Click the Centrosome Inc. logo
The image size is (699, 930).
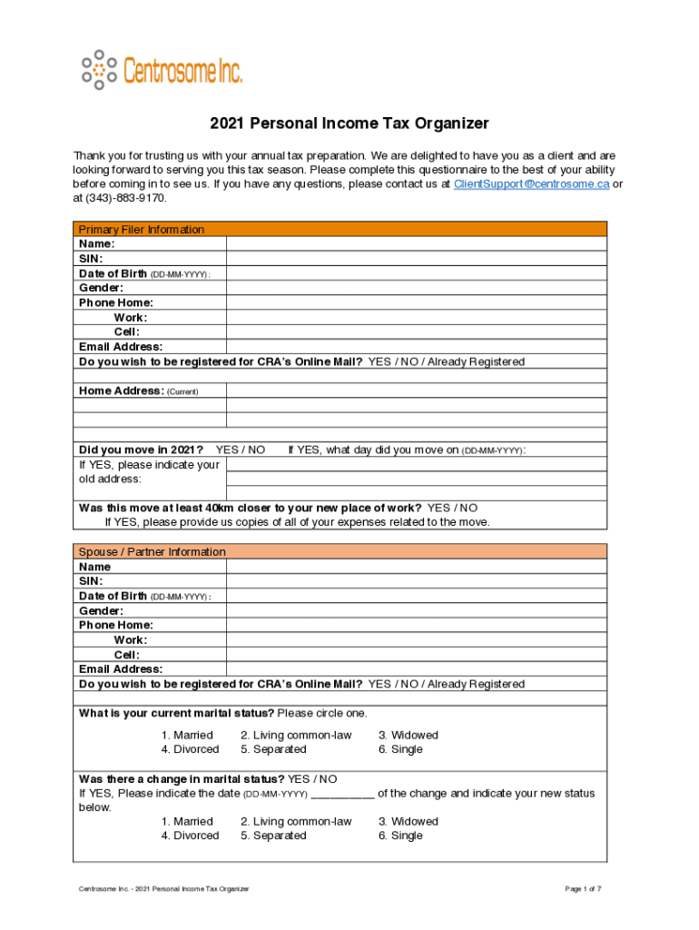pyautogui.click(x=162, y=69)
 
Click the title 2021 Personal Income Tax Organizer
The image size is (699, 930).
pyautogui.click(x=349, y=124)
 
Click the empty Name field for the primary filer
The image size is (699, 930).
pyautogui.click(x=416, y=243)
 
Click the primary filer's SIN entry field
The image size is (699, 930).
pyautogui.click(x=416, y=258)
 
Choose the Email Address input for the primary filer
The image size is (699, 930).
pyautogui.click(x=416, y=347)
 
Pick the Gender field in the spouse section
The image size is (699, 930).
pyautogui.click(x=416, y=610)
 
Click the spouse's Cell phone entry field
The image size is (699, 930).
pyautogui.click(x=416, y=655)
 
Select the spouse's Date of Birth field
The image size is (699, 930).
pyautogui.click(x=416, y=596)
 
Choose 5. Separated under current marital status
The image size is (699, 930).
pyautogui.click(x=273, y=749)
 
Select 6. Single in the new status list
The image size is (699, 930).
pyautogui.click(x=400, y=836)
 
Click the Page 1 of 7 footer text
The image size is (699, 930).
pyautogui.click(x=583, y=888)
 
